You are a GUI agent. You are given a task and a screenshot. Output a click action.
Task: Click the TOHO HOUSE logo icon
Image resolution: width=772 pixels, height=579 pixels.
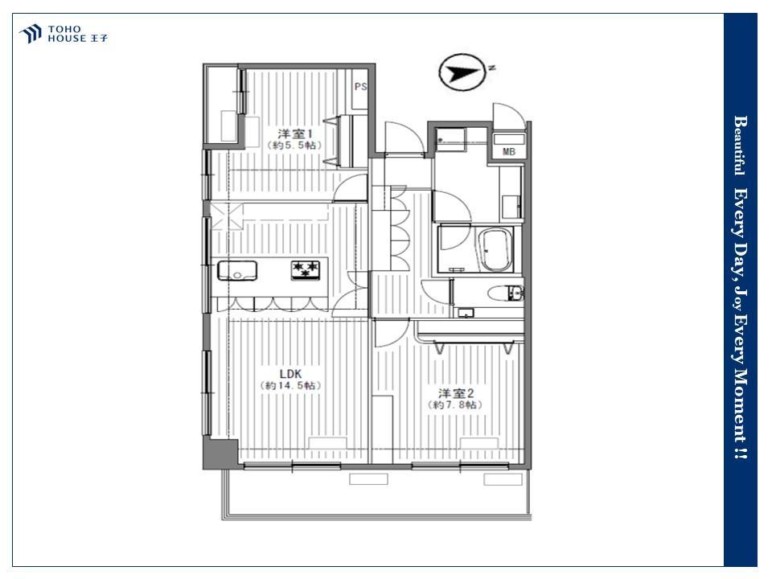point(30,34)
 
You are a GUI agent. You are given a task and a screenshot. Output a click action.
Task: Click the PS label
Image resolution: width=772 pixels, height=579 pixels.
point(360,87)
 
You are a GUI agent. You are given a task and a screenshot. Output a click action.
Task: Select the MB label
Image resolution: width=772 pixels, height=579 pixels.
point(509,152)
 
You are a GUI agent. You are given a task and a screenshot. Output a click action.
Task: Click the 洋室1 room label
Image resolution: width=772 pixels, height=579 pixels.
point(295,133)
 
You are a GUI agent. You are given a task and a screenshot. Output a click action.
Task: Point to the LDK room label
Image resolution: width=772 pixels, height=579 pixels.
point(290,374)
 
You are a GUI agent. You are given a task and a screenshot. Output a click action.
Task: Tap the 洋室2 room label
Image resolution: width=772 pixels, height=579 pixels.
point(456,393)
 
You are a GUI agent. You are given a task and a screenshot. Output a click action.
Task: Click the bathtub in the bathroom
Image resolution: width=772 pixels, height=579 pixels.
point(496,250)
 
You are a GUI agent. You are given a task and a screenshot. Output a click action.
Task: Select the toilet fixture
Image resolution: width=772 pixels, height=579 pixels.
point(505,294)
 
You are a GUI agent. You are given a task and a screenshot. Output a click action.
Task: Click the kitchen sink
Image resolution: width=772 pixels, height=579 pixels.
point(237,270)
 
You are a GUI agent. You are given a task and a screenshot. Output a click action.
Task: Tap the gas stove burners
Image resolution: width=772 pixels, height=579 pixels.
point(306,270)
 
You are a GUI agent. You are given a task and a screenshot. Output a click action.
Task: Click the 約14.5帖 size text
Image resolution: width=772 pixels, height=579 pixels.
point(290,385)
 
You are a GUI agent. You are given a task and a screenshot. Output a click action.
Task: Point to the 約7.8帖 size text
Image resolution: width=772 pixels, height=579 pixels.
point(455,405)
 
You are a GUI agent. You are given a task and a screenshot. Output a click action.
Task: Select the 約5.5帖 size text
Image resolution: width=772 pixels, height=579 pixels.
point(294,146)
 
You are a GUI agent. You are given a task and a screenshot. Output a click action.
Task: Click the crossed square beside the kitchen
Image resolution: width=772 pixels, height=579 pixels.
point(227,216)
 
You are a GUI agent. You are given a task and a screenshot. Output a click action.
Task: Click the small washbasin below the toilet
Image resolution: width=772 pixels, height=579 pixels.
point(465,313)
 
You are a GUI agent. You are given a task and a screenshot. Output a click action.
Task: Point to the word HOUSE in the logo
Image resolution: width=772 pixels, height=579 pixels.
point(67,39)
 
